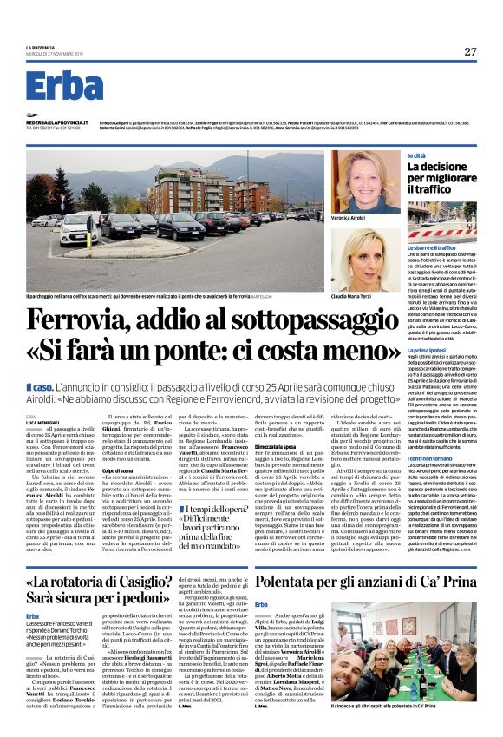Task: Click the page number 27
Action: tap(470, 51)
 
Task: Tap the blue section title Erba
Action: tap(64, 88)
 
